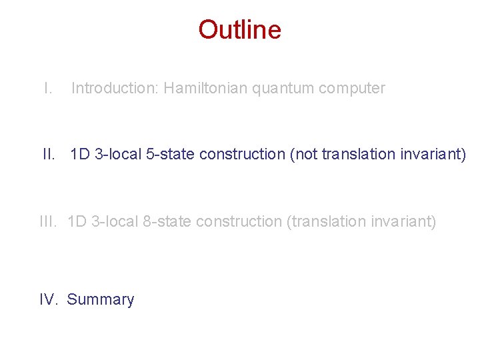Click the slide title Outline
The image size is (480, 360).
tap(239, 30)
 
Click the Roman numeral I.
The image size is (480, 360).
tap(47, 88)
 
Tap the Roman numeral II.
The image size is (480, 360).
tap(49, 155)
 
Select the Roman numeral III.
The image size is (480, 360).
tap(48, 221)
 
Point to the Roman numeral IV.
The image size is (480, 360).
tap(49, 300)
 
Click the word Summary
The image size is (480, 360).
tap(101, 300)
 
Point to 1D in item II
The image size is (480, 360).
tap(79, 155)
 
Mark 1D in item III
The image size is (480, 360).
tap(77, 221)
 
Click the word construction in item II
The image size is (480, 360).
tap(242, 155)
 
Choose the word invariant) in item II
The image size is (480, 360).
tap(434, 155)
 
